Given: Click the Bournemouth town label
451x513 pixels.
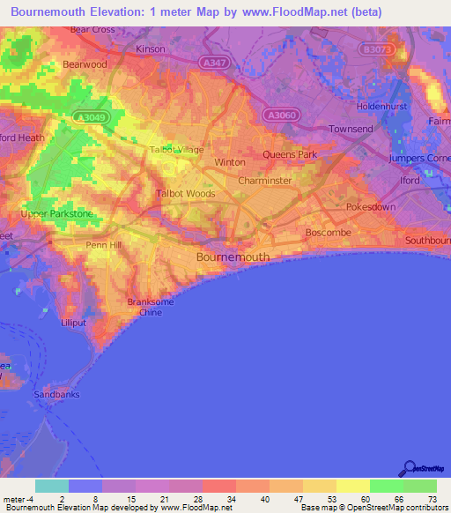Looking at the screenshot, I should [x=233, y=257].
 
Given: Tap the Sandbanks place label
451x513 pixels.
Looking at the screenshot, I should [x=57, y=395].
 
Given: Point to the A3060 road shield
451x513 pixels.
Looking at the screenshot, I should [x=280, y=115].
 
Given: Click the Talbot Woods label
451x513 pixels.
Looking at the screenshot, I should [x=185, y=193].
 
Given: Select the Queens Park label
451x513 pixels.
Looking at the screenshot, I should [x=290, y=154].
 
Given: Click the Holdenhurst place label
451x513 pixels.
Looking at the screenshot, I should [x=385, y=108].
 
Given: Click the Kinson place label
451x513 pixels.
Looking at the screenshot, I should [x=150, y=49].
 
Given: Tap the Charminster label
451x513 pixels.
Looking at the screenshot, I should [x=264, y=181].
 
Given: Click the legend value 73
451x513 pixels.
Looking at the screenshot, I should [x=432, y=498].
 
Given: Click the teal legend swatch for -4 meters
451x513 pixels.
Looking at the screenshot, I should [x=51, y=486].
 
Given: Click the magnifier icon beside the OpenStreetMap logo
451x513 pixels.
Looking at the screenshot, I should [x=408, y=469].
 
